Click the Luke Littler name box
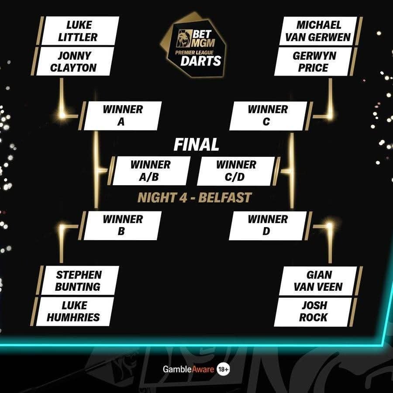(x=80, y=31)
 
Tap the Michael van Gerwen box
(x=318, y=31)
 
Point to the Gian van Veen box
(x=318, y=281)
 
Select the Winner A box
(x=123, y=116)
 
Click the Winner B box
(x=123, y=226)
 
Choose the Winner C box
(x=268, y=116)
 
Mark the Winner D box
(x=268, y=226)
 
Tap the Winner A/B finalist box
(x=152, y=171)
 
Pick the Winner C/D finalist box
(x=236, y=171)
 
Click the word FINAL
(x=196, y=145)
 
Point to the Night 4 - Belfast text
(x=194, y=197)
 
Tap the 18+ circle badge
(x=223, y=369)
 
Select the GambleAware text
(x=189, y=369)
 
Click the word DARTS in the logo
(x=201, y=61)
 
